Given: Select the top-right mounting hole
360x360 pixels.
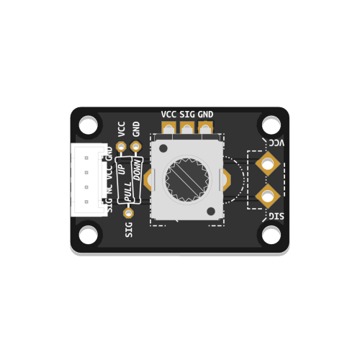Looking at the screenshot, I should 271,124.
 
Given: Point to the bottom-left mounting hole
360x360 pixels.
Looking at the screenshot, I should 89,234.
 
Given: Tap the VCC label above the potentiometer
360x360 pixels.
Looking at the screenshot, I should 169,114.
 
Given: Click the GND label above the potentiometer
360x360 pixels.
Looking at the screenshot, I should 206,114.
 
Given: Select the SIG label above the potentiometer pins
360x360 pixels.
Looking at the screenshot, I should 187,114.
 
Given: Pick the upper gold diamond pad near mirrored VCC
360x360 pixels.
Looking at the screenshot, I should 268,164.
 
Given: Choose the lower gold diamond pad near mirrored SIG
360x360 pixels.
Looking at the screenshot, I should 268,194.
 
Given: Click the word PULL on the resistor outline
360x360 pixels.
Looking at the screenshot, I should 128,193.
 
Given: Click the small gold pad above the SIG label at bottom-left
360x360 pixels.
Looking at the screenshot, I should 128,212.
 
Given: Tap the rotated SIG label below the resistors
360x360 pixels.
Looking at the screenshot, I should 129,229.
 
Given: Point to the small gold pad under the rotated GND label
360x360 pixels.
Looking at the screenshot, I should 135,146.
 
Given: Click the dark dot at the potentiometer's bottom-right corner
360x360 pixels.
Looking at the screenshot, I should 210,211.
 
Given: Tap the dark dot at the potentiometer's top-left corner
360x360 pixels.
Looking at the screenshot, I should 163,148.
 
